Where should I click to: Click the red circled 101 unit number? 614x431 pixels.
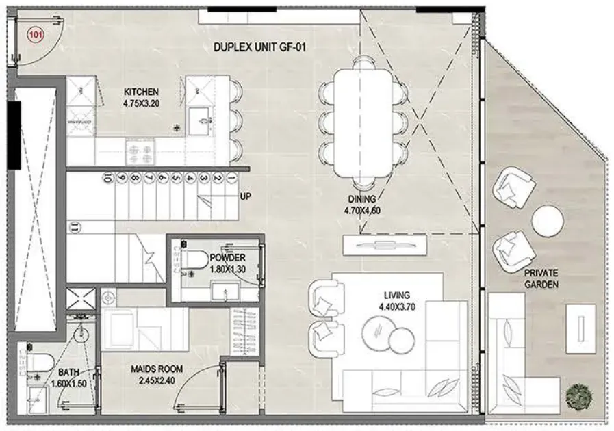click(36, 35)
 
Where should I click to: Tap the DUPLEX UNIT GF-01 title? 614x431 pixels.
click(259, 47)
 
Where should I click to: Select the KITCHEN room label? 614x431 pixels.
click(142, 92)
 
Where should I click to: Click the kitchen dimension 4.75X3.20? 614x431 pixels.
click(142, 104)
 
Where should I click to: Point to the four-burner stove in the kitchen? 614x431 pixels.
click(140, 153)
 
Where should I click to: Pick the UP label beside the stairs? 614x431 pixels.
click(246, 196)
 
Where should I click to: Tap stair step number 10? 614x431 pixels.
click(106, 178)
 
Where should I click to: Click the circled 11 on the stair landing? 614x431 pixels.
click(74, 226)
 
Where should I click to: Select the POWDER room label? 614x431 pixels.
click(227, 258)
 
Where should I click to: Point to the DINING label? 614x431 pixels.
click(362, 199)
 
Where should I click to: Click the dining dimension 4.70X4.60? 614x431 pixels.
click(362, 211)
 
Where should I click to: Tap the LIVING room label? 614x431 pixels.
click(397, 295)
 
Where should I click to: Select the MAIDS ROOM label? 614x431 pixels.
click(157, 369)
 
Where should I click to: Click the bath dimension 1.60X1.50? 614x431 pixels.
click(69, 384)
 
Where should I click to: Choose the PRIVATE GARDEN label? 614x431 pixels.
click(541, 278)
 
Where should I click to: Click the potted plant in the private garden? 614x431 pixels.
click(579, 397)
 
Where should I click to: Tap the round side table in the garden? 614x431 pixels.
click(548, 221)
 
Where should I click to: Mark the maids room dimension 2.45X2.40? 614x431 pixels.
click(157, 380)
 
